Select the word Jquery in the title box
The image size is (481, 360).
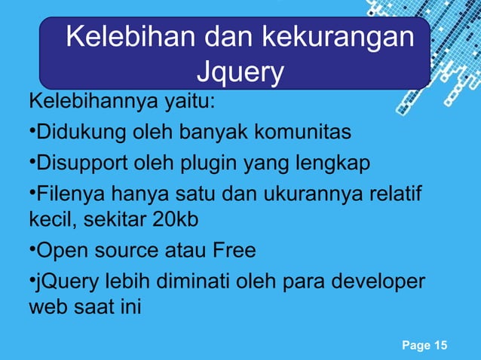click(239, 72)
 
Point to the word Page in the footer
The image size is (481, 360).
click(415, 346)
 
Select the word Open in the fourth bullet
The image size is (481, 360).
click(60, 249)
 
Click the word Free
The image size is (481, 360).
click(233, 249)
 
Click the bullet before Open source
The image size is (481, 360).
click(31, 248)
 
